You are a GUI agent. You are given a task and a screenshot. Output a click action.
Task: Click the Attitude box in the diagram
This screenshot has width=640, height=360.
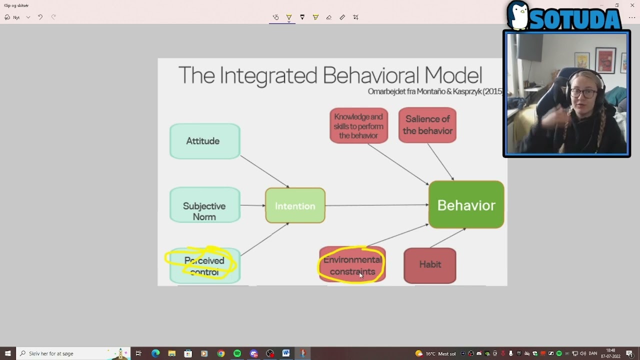204,141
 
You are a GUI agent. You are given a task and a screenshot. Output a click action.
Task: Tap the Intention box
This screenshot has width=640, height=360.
295,205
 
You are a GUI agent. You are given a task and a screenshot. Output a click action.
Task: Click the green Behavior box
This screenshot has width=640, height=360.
466,205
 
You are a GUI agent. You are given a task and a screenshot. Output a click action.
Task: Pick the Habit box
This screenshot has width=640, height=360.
429,265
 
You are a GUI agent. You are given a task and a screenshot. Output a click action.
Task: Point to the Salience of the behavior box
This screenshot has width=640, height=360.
427,125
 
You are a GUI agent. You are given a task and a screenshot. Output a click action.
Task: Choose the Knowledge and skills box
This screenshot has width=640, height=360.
358,125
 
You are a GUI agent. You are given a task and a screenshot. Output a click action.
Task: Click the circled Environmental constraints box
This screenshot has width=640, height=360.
352,265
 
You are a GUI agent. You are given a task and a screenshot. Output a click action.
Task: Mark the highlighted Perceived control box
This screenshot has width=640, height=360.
204,265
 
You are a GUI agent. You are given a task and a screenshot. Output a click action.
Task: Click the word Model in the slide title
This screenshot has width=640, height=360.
453,75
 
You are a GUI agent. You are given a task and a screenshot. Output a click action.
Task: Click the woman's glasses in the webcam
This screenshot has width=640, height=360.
582,93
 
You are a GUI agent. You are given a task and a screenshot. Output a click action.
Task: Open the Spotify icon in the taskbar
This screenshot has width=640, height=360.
237,353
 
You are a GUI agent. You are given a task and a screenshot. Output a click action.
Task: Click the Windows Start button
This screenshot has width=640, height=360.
7,353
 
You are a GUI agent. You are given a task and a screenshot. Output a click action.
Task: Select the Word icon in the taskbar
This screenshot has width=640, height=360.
286,353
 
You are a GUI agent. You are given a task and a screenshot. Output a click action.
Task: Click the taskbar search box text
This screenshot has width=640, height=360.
51,353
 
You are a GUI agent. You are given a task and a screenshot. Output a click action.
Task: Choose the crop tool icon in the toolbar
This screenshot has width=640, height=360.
355,17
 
